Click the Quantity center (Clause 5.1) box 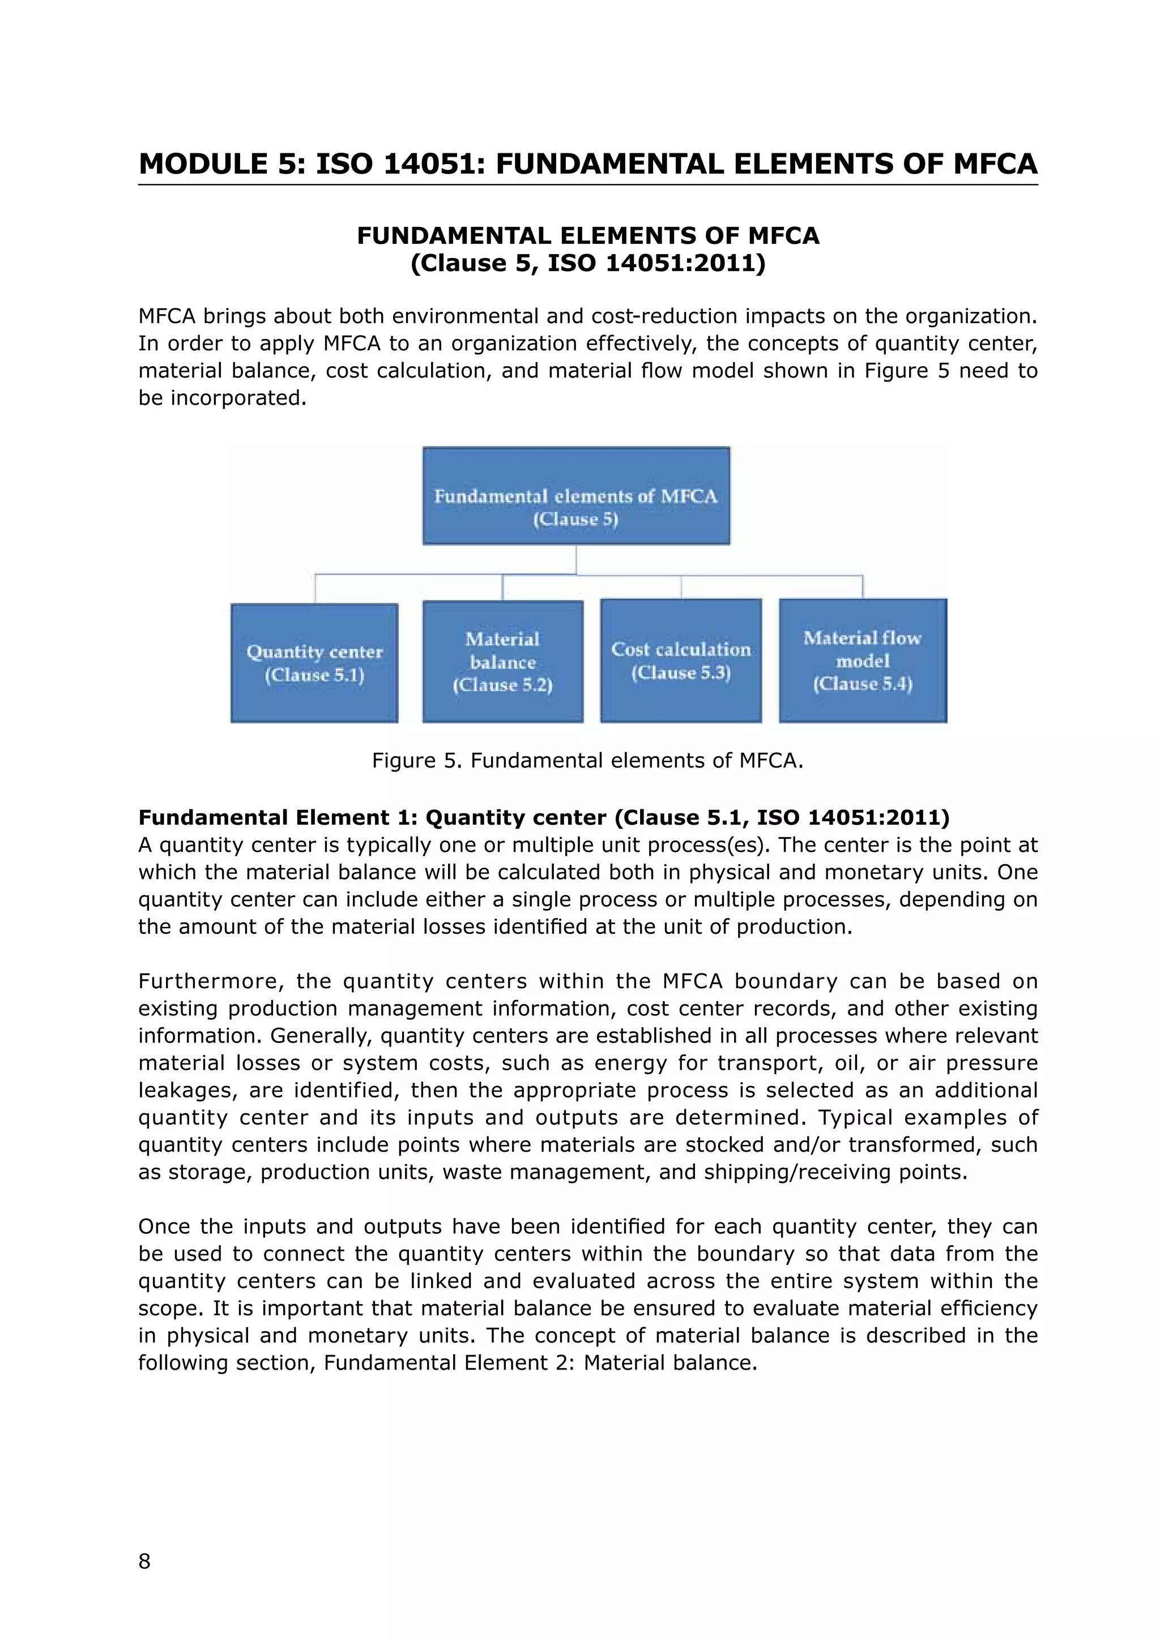[x=314, y=663]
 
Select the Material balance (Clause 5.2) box [x=503, y=661]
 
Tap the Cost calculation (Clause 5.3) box [x=681, y=660]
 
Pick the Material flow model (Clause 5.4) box [x=863, y=660]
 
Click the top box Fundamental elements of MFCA [x=575, y=496]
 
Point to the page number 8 [x=144, y=1561]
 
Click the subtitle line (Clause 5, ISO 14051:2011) [x=587, y=263]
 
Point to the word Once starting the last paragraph [x=163, y=1227]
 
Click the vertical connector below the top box [x=575, y=559]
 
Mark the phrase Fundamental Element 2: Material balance [x=540, y=1363]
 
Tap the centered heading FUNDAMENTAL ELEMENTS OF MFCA [x=587, y=235]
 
